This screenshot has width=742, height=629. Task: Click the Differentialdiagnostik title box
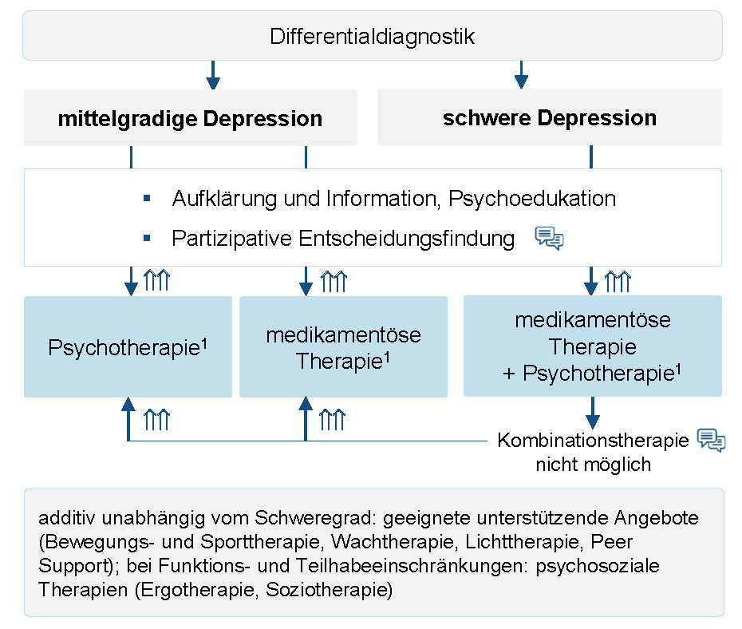pos(372,36)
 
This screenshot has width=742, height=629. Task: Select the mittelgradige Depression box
pos(190,118)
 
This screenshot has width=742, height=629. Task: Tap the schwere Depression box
pos(549,117)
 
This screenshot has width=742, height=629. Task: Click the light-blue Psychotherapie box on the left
pos(128,347)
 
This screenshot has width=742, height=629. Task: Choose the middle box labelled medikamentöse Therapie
pos(343,347)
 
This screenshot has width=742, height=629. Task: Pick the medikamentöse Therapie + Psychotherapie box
pos(592,346)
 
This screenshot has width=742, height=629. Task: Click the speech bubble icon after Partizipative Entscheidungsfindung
pos(549,238)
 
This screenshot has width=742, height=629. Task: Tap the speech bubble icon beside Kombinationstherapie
pos(711,441)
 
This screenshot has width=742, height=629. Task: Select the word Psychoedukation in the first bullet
pos(532,198)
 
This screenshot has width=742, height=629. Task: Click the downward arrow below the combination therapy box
pos(592,413)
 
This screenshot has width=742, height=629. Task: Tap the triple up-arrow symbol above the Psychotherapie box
pos(157,281)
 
